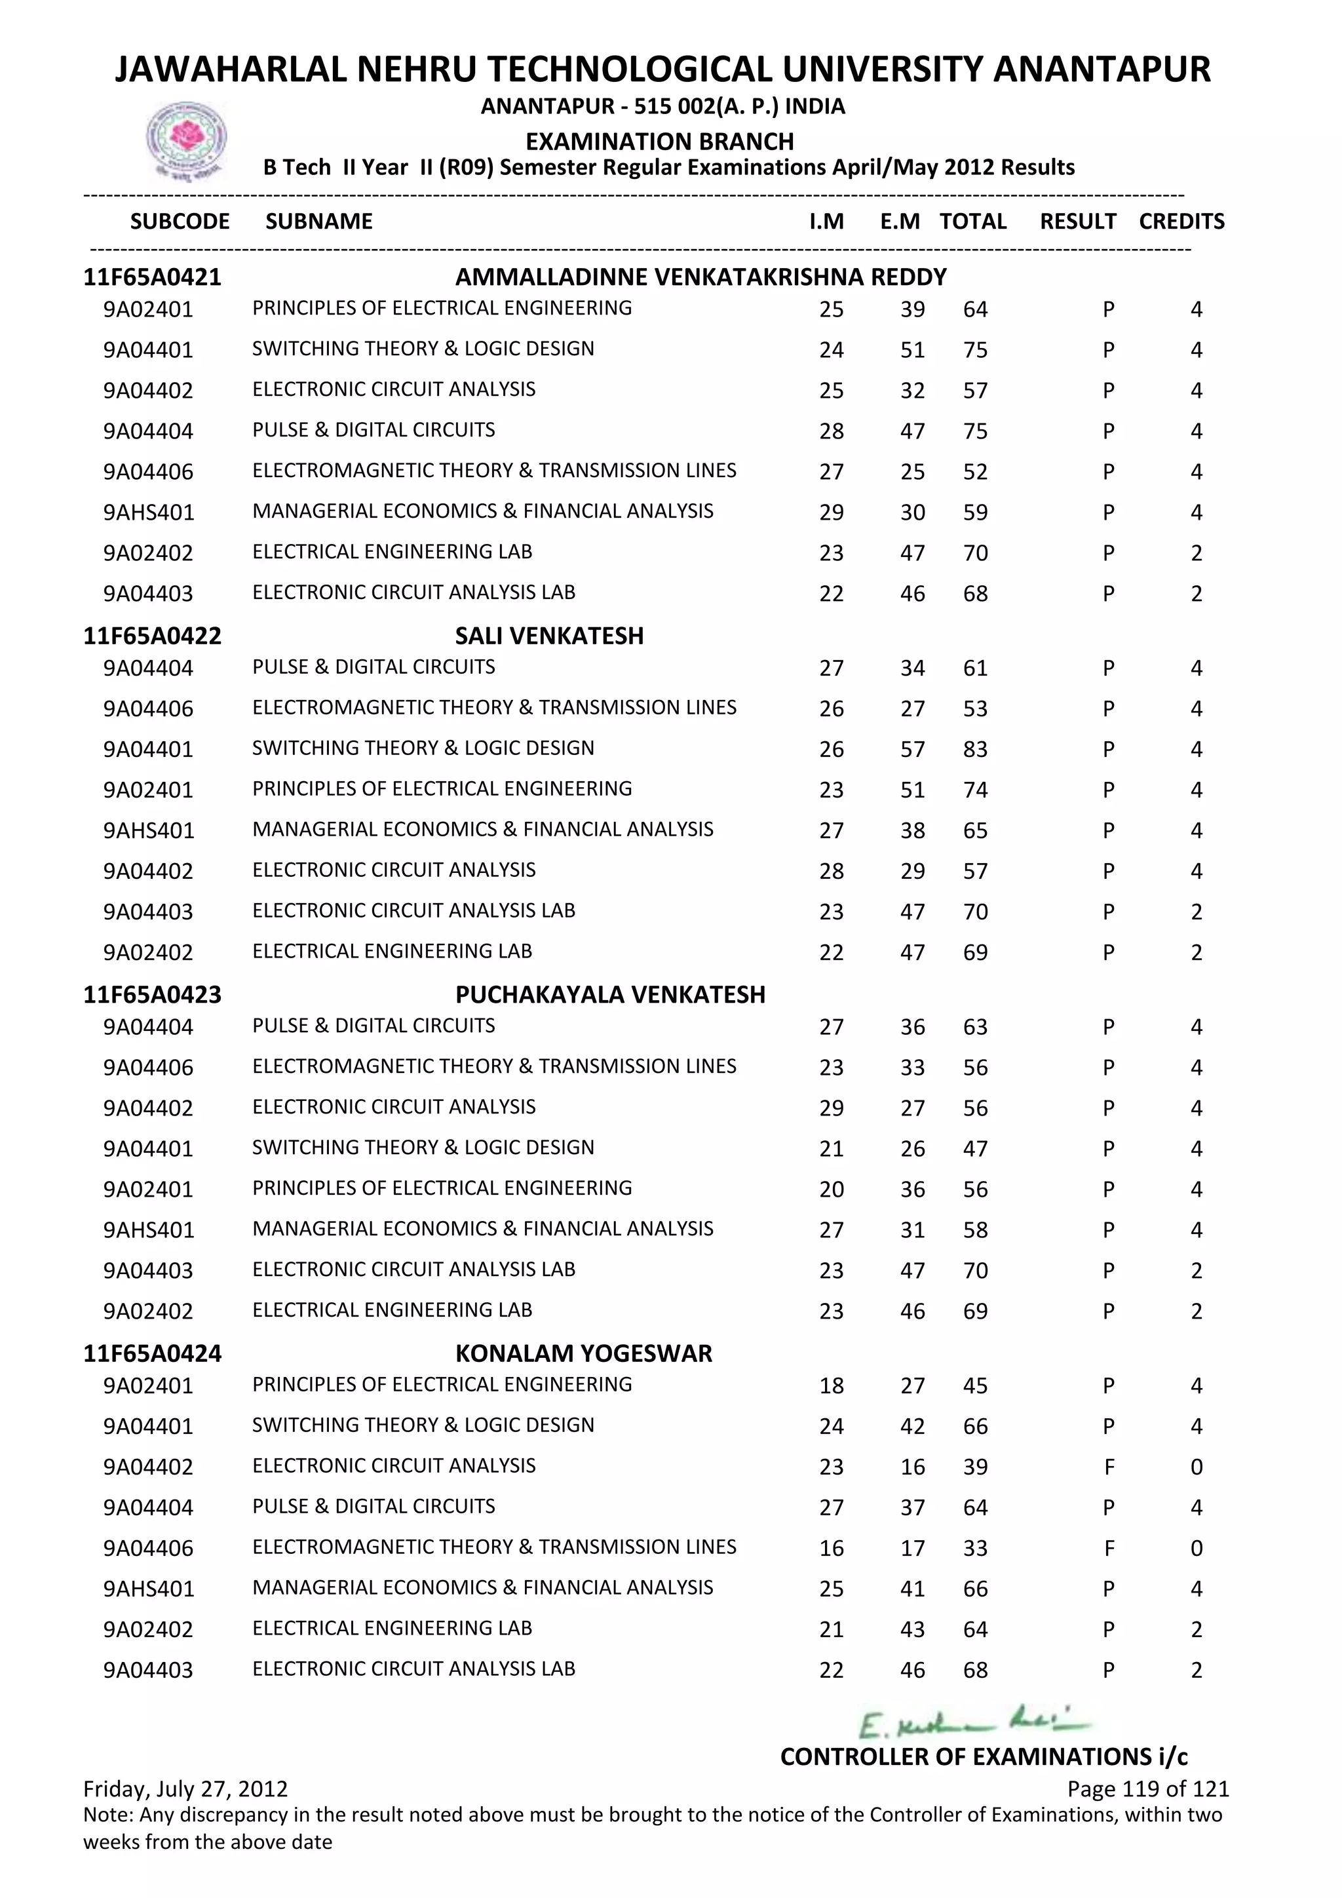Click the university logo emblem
(x=186, y=140)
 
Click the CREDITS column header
(x=1181, y=222)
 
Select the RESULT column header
(x=1077, y=222)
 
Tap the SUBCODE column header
(x=180, y=222)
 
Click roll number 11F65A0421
(x=153, y=277)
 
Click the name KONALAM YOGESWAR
(x=583, y=1353)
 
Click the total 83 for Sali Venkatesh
(x=975, y=750)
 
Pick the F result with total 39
(x=1109, y=1467)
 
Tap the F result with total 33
(x=1109, y=1548)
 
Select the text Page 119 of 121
(x=1148, y=1789)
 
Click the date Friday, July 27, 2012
(x=186, y=1789)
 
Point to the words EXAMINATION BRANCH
(x=659, y=142)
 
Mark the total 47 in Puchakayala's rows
(x=975, y=1149)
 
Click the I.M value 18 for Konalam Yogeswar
(x=832, y=1386)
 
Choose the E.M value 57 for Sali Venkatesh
(x=912, y=750)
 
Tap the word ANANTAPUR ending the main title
(x=1101, y=69)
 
